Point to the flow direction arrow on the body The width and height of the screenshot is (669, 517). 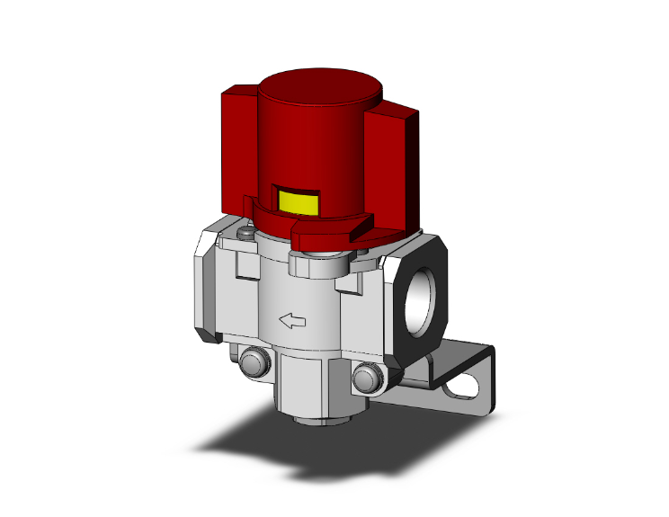(292, 319)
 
